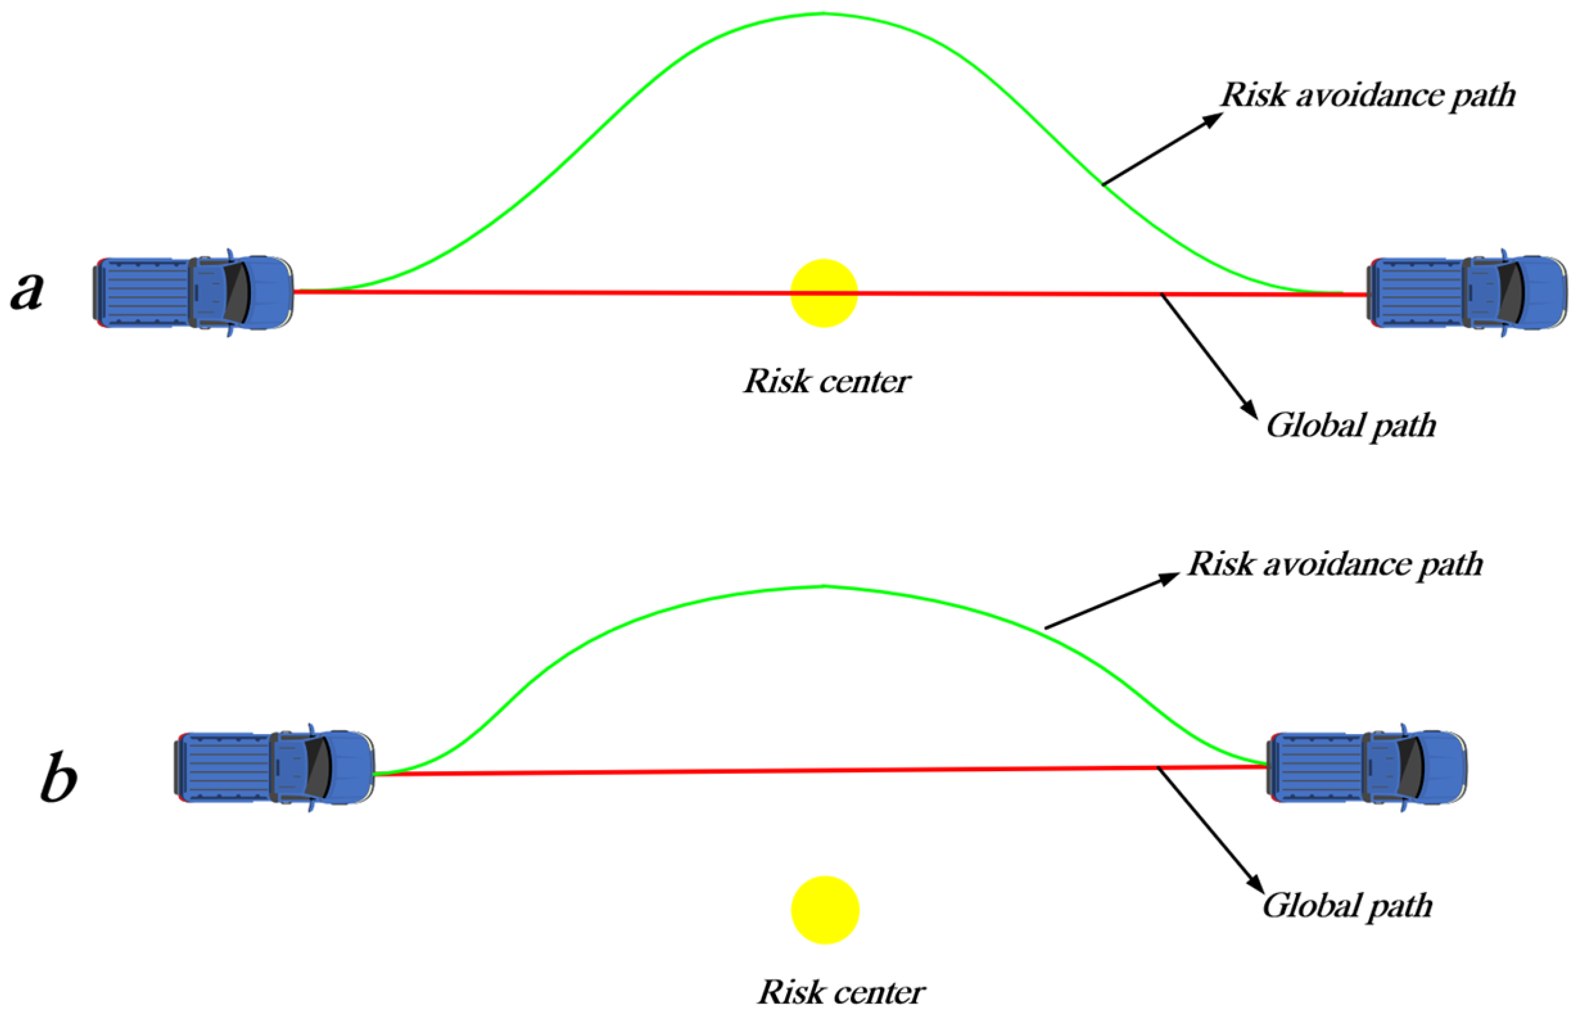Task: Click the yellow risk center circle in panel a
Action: [x=823, y=293]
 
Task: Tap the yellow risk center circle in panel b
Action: [x=824, y=909]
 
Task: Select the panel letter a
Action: [x=28, y=291]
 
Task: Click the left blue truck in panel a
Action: [x=193, y=293]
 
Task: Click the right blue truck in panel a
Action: [x=1466, y=293]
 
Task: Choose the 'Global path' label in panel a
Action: [x=1350, y=425]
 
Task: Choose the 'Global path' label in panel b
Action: [x=1347, y=905]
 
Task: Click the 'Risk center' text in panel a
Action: [x=827, y=382]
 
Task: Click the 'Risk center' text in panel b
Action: [x=840, y=993]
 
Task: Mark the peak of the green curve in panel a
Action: [x=823, y=13]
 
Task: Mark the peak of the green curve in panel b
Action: [x=824, y=586]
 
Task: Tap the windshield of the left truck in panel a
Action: [x=237, y=293]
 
